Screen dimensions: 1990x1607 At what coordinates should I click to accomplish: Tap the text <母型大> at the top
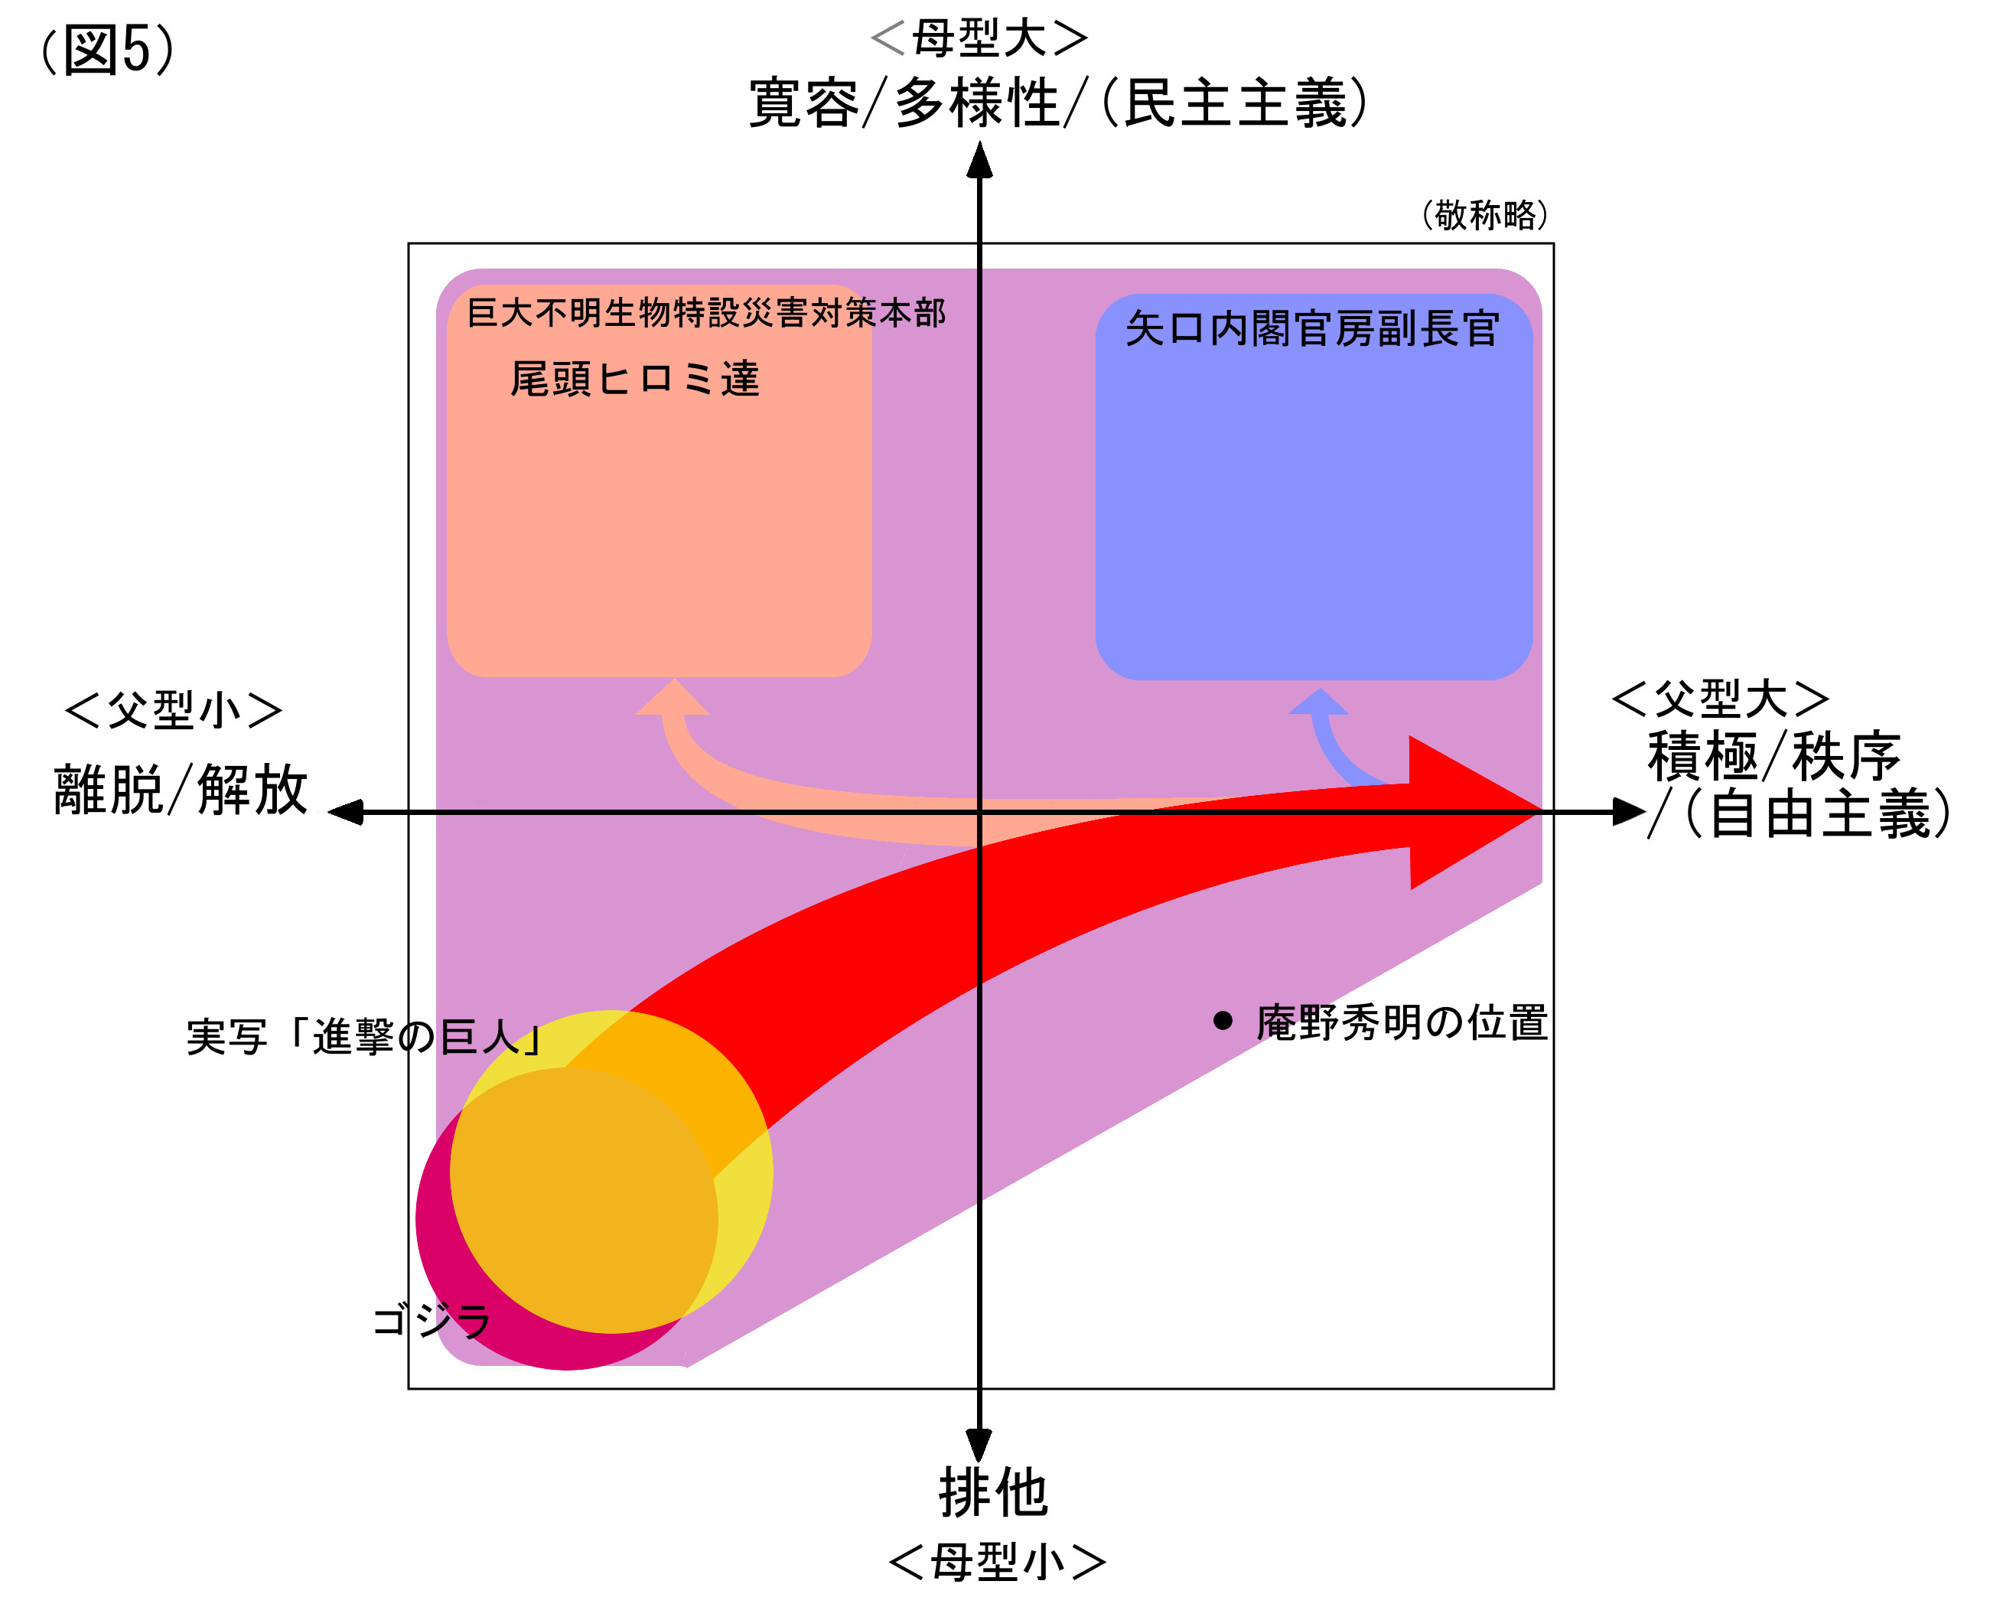pos(979,38)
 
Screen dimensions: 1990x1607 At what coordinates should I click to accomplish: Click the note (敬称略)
pos(1484,215)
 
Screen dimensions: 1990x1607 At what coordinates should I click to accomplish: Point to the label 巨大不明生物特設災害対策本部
pos(705,313)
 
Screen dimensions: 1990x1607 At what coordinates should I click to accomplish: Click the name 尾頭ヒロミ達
pos(634,379)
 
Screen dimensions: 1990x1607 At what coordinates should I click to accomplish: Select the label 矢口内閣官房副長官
pos(1311,328)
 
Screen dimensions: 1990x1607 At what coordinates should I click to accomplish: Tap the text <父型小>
pos(173,711)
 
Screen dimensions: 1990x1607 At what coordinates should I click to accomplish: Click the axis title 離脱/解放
pos(181,790)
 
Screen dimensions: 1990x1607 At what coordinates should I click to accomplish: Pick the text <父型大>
pos(1720,699)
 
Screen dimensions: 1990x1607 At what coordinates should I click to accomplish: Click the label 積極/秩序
pos(1773,756)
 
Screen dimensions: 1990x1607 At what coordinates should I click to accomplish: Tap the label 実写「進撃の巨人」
pos(363,1037)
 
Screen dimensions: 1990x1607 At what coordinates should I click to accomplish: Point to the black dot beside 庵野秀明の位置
pos(1223,1021)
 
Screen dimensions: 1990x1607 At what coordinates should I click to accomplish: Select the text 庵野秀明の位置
pos(1402,1022)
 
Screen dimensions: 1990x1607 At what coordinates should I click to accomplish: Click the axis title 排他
pos(993,1493)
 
